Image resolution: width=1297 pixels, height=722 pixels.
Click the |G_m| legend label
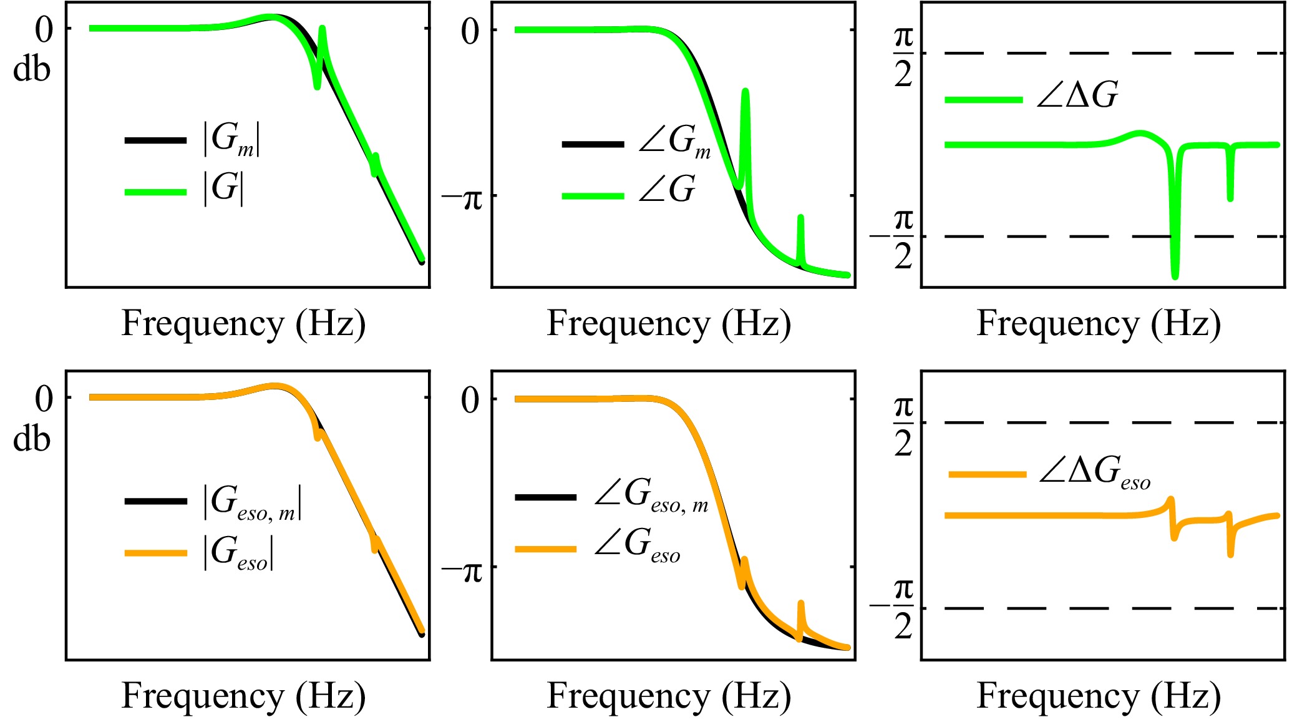(231, 140)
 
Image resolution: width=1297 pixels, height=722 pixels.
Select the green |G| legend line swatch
(155, 192)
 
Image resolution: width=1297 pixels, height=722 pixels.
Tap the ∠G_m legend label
(674, 141)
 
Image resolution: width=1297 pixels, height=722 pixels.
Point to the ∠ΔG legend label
(1077, 96)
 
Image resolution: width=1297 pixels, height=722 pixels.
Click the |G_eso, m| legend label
(252, 503)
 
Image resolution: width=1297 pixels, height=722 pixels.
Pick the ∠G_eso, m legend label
(651, 497)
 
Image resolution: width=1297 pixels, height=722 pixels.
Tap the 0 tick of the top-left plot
(44, 29)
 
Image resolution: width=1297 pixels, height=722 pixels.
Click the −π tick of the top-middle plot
(462, 197)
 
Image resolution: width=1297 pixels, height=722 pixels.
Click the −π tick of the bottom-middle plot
(462, 568)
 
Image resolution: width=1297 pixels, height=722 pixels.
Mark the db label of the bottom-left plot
(31, 439)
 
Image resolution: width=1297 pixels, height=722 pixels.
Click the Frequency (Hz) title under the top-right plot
(1099, 324)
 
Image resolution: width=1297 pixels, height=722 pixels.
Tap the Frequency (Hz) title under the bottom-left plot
(243, 696)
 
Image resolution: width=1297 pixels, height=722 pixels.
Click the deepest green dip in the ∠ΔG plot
(1175, 275)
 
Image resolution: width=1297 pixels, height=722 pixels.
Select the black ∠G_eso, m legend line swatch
(545, 497)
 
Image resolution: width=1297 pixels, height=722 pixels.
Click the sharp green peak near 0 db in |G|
(322, 29)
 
